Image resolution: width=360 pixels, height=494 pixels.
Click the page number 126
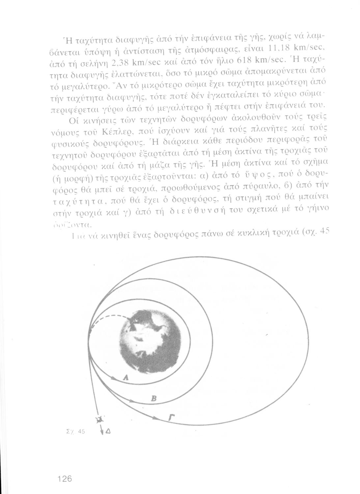(x=64, y=478)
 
